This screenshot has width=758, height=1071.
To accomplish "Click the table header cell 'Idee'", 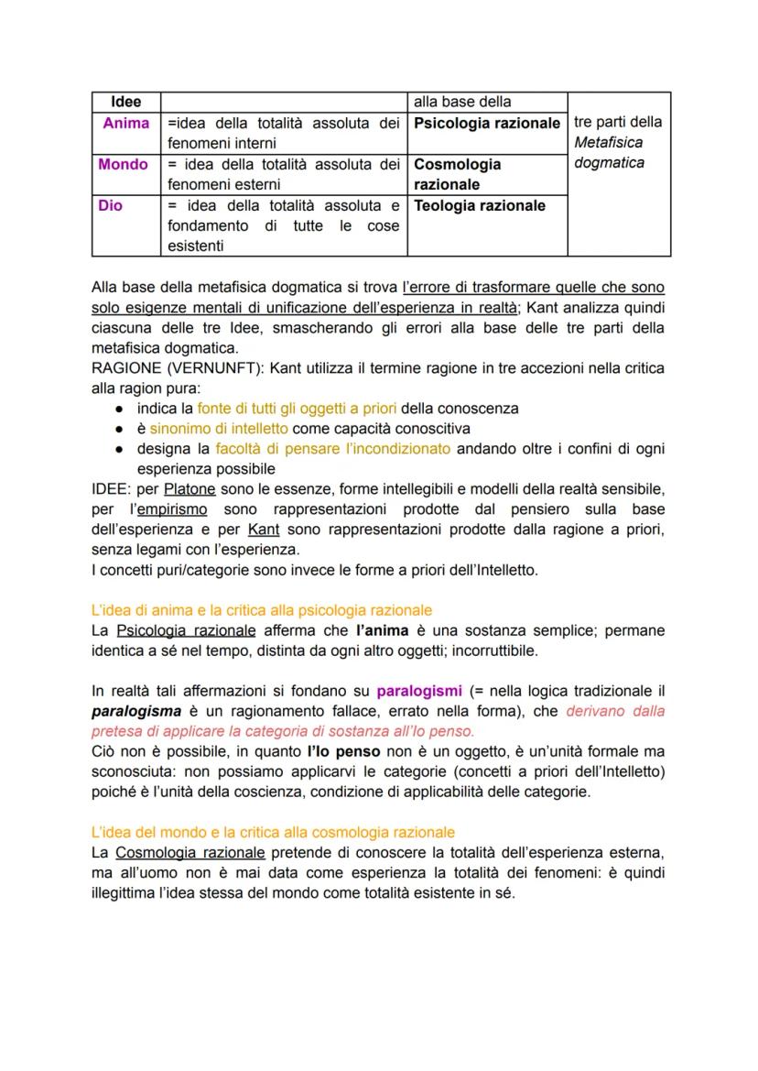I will pos(125,102).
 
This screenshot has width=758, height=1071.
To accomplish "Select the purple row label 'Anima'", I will pos(125,122).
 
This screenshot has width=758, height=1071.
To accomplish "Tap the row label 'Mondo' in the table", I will pos(124,165).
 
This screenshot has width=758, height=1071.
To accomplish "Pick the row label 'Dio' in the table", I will pos(111,206).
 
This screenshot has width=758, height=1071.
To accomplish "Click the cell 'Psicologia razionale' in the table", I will pos(486,122).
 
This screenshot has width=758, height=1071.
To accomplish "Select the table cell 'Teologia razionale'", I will pos(479,206).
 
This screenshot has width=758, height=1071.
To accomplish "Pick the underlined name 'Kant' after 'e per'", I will pos(264,530).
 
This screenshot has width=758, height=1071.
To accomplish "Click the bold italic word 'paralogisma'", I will pos(134,711).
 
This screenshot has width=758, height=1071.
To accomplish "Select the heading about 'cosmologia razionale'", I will pos(273,832).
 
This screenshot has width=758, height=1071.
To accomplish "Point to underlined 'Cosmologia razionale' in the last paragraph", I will pos(191,852).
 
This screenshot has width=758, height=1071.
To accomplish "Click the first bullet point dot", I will pos(120,409).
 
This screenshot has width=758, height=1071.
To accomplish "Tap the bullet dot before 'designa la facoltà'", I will pos(120,449).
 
